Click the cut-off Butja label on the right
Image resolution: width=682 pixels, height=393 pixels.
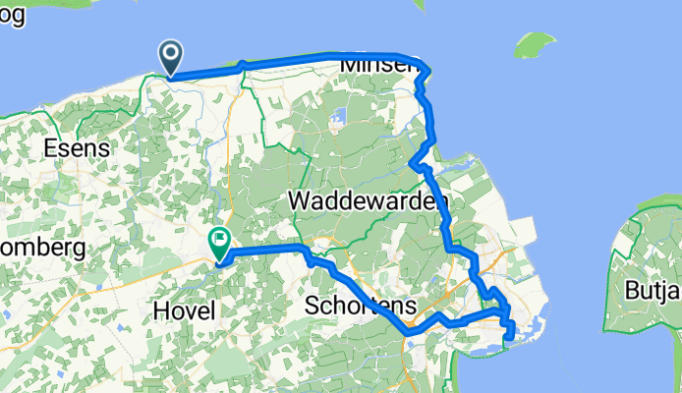coord(653,291)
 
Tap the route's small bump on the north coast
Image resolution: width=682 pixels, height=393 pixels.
coord(242,65)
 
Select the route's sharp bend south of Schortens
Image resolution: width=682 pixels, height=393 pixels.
coord(407,333)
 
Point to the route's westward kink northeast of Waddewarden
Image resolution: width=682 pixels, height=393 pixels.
coord(412,163)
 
